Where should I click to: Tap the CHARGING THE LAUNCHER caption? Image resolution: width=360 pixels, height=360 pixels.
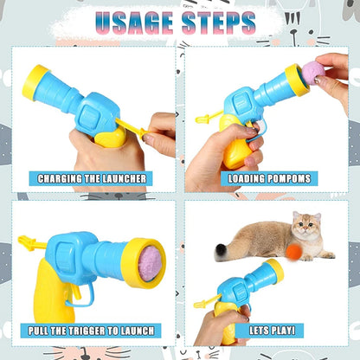(91, 178)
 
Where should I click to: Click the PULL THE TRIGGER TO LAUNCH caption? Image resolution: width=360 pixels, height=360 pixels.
(91, 331)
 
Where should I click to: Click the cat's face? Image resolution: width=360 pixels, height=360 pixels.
(304, 228)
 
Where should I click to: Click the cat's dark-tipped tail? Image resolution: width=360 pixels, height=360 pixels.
(222, 251)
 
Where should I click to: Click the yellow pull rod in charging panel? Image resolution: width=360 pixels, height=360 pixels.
(133, 129)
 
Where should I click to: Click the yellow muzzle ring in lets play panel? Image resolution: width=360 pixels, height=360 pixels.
(275, 270)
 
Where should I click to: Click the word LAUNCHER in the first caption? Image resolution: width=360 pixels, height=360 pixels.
(125, 178)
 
